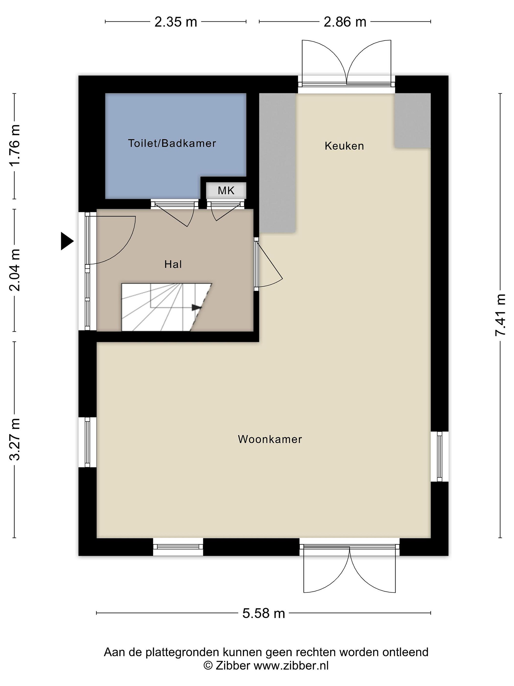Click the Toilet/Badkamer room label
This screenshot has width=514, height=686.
pos(172,143)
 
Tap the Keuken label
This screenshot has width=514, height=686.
pos(344,146)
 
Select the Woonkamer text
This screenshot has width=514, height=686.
pos(270,439)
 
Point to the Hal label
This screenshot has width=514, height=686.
pos(173,264)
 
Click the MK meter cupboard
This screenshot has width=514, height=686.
pos(226,190)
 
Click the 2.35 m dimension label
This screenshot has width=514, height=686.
pos(176,22)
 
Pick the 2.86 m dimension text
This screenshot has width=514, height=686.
pos(345,22)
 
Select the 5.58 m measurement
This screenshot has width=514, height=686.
pos(264,613)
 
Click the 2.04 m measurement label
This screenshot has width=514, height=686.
pos(15,270)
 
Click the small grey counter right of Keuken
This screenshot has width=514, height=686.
pos(412,121)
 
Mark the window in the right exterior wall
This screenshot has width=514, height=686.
pos(440,456)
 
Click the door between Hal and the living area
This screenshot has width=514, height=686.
pos(268,264)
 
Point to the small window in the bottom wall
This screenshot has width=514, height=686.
pos(178,547)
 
